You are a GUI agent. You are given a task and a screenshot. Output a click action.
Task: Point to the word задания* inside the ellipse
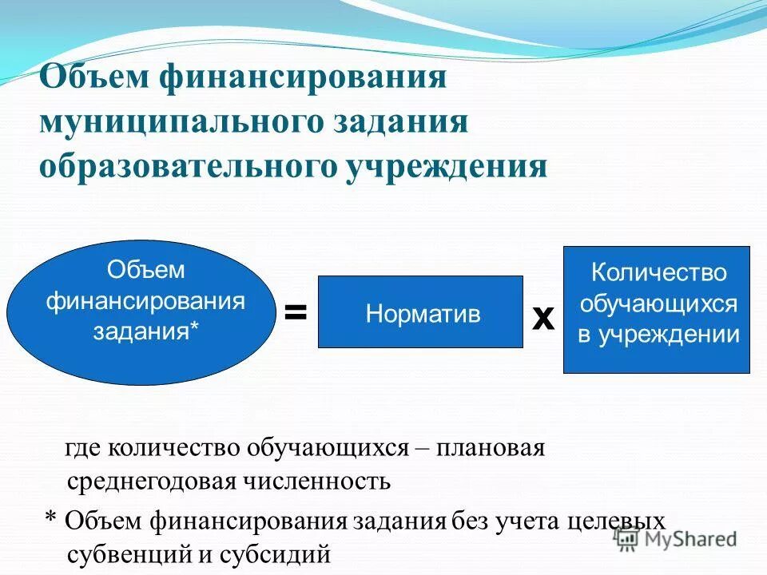[x=145, y=331]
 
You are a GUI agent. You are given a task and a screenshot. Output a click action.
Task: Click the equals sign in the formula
[x=296, y=312]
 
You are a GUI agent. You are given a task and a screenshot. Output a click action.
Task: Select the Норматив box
[x=421, y=312]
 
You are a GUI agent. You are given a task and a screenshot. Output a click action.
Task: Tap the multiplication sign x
[x=543, y=318]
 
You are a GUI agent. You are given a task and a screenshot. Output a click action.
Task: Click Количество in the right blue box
[x=658, y=272]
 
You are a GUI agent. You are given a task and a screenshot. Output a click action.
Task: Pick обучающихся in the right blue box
[x=658, y=303]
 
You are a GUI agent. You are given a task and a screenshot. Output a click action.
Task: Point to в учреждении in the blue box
[x=658, y=335]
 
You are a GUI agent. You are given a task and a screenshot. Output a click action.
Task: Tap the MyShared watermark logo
[x=676, y=538]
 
